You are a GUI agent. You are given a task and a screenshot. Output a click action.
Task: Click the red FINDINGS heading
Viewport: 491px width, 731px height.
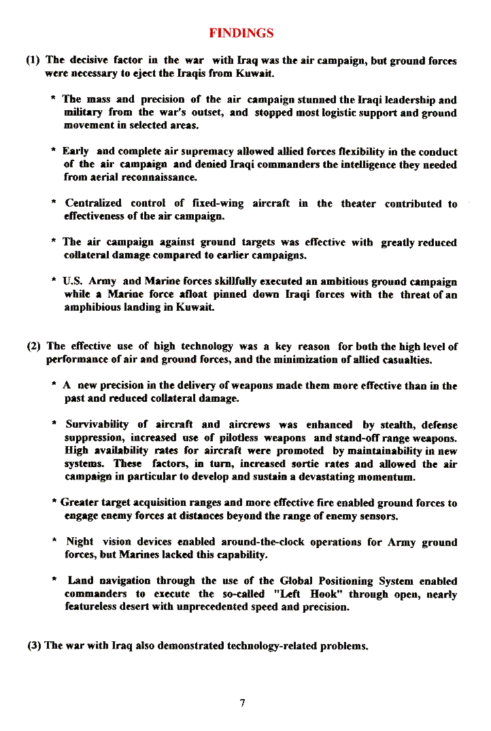coord(241,33)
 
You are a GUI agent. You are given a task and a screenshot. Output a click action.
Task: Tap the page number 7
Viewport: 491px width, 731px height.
coord(242,702)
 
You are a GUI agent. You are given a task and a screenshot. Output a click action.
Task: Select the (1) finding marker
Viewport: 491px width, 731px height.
coord(33,60)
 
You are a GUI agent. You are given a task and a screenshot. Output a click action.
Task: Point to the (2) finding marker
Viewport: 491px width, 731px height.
coord(35,346)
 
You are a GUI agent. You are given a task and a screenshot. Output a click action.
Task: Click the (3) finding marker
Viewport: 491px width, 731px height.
coord(35,645)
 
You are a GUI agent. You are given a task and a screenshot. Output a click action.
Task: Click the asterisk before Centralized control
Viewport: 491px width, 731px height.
coord(54,203)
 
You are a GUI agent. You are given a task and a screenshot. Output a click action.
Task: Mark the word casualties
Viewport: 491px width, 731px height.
coord(402,359)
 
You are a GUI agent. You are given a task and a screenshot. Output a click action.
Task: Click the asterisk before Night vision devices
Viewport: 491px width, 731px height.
coord(54,542)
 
